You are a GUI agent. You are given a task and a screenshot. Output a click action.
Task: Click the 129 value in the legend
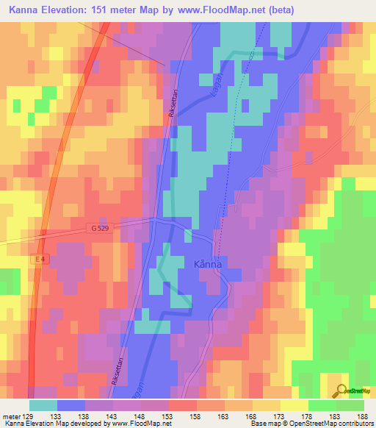click(x=26, y=415)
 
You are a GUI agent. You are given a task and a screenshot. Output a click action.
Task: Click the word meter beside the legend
click(x=10, y=415)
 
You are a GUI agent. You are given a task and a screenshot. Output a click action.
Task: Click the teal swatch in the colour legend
click(x=43, y=405)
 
